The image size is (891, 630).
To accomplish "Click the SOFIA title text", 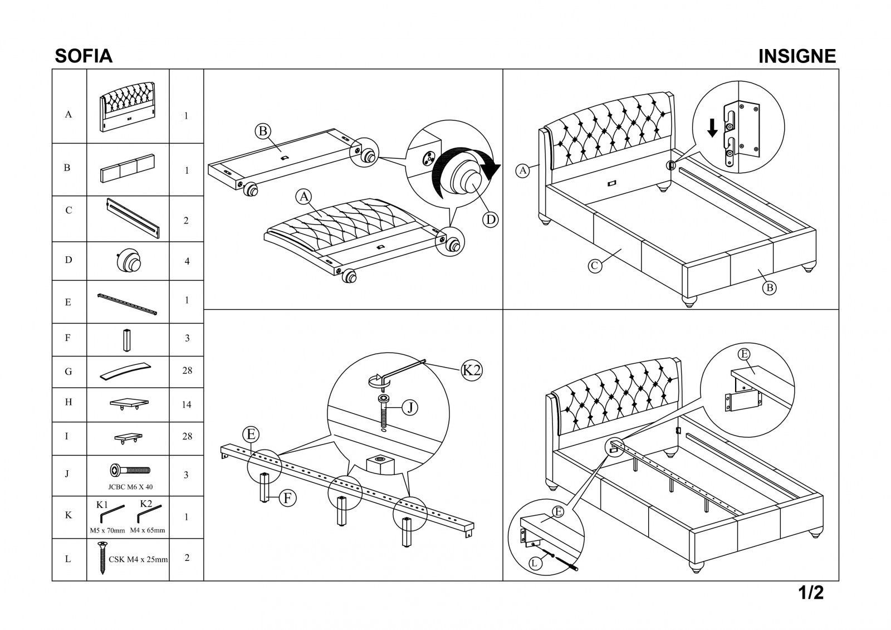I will (84, 56).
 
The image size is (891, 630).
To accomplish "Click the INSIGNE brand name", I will (797, 56).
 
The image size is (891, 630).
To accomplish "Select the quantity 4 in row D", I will (187, 261).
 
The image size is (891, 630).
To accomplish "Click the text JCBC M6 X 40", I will (130, 487).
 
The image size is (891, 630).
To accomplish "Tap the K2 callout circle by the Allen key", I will (472, 370).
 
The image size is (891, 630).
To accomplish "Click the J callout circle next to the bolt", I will (409, 408).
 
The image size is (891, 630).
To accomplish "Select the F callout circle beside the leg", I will (287, 497).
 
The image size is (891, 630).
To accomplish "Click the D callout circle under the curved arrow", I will (490, 219).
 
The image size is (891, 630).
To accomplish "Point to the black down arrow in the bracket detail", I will (712, 128).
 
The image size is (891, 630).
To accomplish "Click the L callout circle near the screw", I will (535, 564).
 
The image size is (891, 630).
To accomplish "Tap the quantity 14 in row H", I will (187, 404).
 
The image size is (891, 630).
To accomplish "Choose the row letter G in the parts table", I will (68, 372).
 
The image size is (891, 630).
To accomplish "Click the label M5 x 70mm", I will (107, 530).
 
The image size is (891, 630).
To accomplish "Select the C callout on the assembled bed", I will (595, 266).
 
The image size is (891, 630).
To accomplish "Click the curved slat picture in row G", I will (126, 371).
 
